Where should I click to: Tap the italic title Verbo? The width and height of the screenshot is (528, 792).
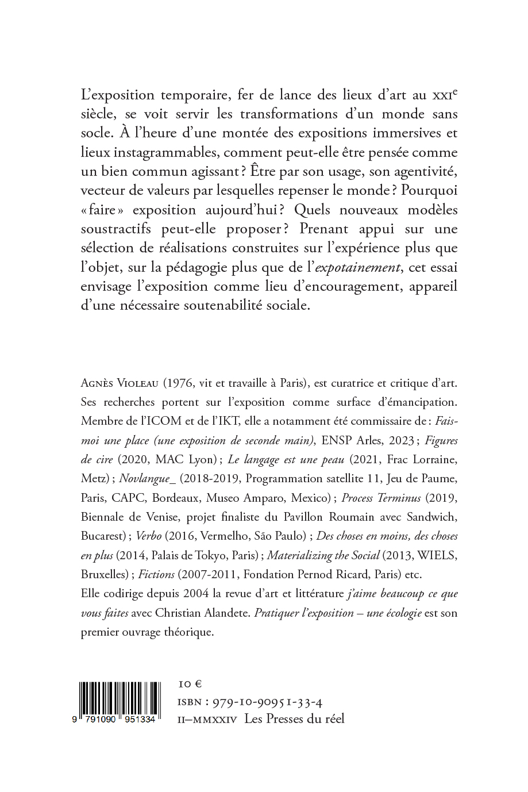tap(149, 536)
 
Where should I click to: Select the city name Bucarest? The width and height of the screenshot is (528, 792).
tap(102, 536)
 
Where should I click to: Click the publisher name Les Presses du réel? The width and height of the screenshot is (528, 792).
tap(294, 718)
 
